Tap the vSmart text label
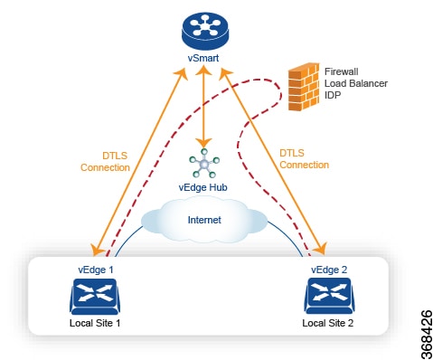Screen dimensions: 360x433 coord(207,63)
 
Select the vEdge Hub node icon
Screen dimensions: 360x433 coord(206,165)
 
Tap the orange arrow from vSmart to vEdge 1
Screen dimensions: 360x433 coord(136,163)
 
